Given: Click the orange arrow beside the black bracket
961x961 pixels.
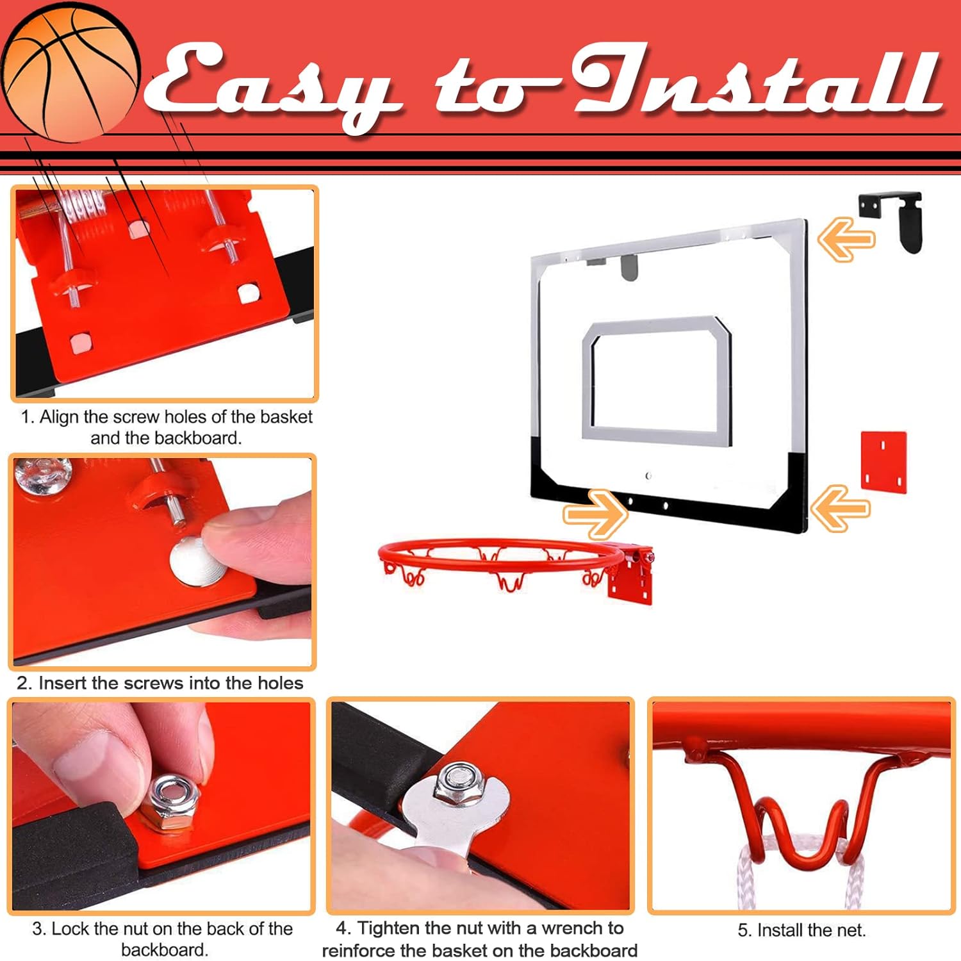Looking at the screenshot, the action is pos(846,239).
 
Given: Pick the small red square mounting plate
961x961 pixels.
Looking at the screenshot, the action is pos(883,461).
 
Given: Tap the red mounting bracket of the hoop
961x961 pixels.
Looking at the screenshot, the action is pos(631,575).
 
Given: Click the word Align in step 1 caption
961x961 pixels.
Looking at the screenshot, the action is pos(60,417).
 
